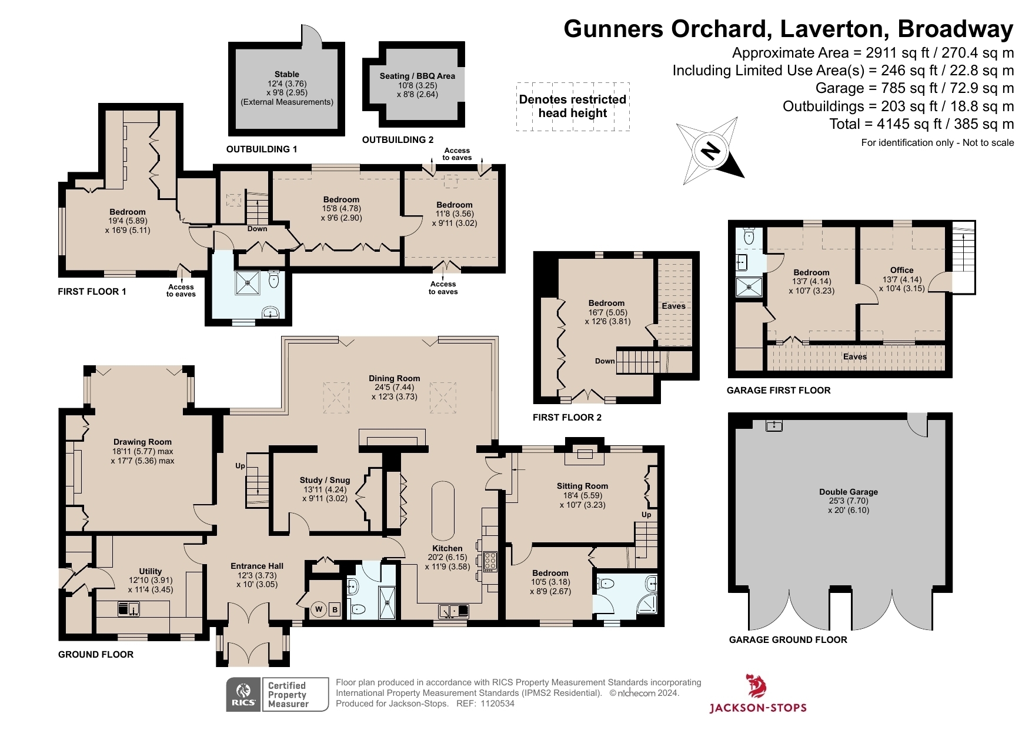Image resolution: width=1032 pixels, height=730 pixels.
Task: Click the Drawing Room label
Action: coord(142,442)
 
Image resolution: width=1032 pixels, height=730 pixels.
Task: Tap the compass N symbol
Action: coord(710,151)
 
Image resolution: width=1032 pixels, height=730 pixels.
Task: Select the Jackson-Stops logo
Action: coord(757,694)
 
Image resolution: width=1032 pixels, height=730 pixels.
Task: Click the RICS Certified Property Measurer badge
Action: coord(277,694)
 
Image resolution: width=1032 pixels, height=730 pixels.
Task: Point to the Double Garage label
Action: coord(848,492)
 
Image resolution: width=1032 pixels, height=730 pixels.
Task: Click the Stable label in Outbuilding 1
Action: coord(286,75)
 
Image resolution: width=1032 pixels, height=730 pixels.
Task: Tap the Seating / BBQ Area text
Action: coord(417,76)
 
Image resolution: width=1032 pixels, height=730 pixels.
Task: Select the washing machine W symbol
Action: coord(319,609)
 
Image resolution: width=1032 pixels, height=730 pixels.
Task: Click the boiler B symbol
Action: coord(335,609)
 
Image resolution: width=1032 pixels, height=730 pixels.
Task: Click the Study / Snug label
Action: coord(325,481)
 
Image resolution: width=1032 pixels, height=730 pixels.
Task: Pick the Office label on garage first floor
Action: coord(901,271)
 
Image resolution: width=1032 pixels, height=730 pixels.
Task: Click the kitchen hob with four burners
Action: coord(490,561)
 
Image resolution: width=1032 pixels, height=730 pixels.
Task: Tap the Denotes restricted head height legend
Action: coord(572,106)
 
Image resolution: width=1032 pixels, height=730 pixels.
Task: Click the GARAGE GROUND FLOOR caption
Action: coord(787,640)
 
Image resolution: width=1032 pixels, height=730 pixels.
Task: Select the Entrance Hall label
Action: coord(257,566)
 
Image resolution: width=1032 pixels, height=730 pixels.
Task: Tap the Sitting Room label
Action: coord(582,486)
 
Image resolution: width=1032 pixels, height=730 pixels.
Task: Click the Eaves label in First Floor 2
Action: coord(673,306)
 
